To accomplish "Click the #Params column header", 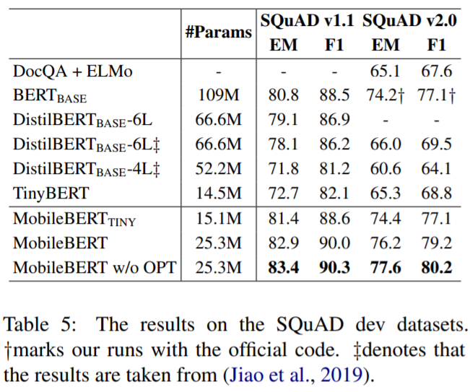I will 219,32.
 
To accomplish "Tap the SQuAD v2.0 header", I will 409,20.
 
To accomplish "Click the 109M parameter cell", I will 219,95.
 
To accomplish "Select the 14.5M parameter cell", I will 219,193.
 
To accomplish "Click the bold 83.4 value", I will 284,268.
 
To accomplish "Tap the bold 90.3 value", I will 334,268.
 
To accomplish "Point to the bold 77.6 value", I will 385,268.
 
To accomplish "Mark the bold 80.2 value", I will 435,268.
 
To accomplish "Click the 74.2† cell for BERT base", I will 388,95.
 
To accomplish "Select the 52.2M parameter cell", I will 219,169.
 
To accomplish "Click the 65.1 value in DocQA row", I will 385,71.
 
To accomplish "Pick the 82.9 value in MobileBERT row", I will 284,243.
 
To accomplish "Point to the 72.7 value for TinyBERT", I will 284,193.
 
